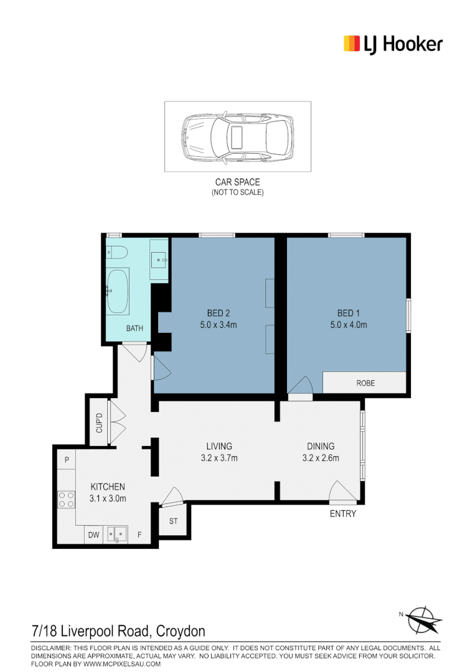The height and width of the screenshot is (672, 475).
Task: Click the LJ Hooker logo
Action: tap(393, 44)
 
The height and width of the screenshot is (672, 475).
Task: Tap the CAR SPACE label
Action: tap(237, 182)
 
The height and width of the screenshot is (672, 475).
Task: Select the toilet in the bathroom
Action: tap(117, 253)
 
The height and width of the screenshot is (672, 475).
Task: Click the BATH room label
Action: tap(134, 328)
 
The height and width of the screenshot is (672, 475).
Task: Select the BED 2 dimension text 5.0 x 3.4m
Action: tap(218, 324)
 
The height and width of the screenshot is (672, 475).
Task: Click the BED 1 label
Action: tap(349, 313)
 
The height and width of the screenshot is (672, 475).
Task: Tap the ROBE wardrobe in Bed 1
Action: tap(365, 383)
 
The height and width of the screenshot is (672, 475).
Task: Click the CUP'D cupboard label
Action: tap(99, 423)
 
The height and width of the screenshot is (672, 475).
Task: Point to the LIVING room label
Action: tap(219, 446)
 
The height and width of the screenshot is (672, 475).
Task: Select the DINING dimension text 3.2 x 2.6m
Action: tap(321, 458)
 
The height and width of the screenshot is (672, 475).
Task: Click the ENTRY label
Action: tap(342, 513)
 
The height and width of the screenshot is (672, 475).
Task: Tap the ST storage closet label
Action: tap(173, 521)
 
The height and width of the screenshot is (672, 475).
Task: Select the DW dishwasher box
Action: tap(93, 534)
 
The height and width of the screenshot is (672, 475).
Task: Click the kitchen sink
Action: tap(116, 534)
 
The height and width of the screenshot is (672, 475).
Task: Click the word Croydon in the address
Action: tap(181, 632)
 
